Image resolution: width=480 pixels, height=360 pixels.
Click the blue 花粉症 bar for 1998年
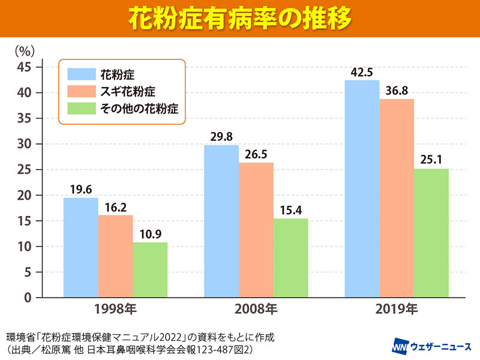[x=80, y=247]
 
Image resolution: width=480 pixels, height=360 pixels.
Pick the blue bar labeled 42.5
[x=362, y=188]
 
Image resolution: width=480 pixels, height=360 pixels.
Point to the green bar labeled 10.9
[x=150, y=269]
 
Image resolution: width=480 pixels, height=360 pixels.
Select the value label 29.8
[x=221, y=136]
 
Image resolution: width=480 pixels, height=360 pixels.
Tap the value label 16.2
[x=115, y=206]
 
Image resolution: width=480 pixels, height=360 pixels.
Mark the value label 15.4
[x=291, y=209]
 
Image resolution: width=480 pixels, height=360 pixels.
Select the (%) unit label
[x=25, y=48]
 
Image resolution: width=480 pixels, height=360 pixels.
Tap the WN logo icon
[x=401, y=347]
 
